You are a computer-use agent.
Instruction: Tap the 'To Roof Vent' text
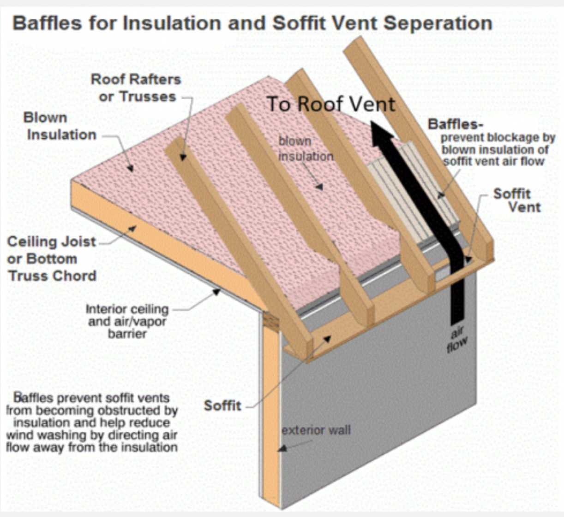tap(330, 104)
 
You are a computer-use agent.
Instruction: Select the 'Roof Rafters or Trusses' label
tap(136, 88)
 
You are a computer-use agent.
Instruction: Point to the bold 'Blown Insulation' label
tap(60, 126)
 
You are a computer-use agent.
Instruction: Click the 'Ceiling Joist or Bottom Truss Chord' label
tap(52, 258)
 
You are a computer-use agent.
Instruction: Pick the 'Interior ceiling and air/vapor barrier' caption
tap(127, 321)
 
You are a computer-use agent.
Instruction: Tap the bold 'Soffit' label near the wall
tap(222, 406)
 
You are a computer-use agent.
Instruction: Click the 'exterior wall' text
tap(316, 430)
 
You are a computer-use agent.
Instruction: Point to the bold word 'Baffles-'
tap(455, 124)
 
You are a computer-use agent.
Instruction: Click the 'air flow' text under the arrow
tap(457, 339)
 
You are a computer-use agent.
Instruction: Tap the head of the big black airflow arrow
tap(383, 131)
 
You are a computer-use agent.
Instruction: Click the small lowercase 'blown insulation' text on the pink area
tap(305, 148)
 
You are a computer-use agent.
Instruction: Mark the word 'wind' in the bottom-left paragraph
tap(20, 435)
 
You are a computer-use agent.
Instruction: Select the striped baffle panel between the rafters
tap(415, 184)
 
